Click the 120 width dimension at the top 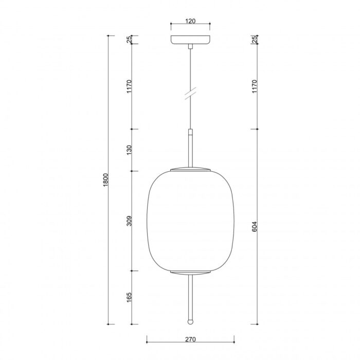(x=190, y=21)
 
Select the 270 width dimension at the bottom (x=190, y=339)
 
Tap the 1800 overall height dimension (x=105, y=180)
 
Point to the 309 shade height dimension (x=129, y=221)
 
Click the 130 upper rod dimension (x=129, y=150)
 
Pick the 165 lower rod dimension (x=129, y=297)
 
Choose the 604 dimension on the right (x=255, y=226)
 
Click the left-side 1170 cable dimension (x=129, y=86)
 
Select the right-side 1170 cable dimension (x=255, y=86)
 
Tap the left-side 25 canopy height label (x=129, y=40)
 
